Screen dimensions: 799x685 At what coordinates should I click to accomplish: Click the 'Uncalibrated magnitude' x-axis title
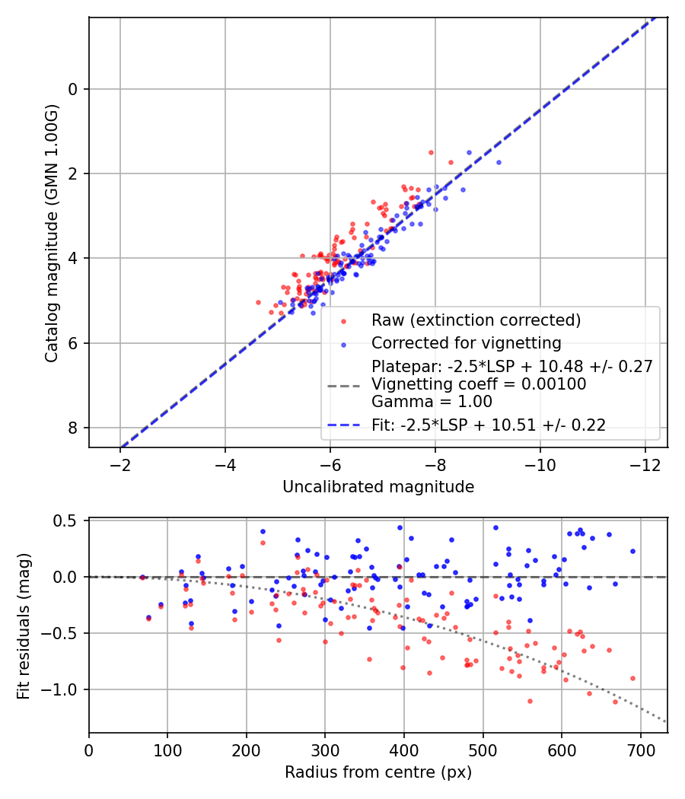(x=378, y=487)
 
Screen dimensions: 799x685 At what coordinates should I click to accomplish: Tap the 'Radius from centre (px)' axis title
(x=378, y=772)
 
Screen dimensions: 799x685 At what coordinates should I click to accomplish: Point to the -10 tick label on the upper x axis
(x=540, y=464)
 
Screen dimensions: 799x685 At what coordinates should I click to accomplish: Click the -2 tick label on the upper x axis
(x=119, y=464)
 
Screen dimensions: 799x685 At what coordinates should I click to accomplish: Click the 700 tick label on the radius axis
(x=640, y=750)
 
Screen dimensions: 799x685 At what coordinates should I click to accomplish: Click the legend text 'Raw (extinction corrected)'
(x=476, y=320)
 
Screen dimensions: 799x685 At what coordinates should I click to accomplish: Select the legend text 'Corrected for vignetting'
(x=466, y=342)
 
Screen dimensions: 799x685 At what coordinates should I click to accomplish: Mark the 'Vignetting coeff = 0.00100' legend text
(x=479, y=384)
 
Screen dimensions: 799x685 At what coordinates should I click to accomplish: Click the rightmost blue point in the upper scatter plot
(x=499, y=162)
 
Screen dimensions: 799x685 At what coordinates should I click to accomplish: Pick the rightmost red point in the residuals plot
(x=632, y=678)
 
